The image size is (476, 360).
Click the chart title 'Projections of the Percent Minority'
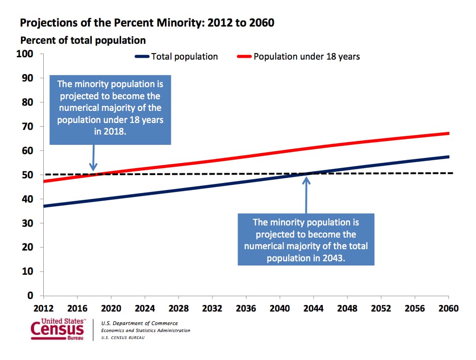tap(147, 22)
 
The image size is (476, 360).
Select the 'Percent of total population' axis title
tap(83, 41)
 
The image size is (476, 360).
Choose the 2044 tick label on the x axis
tap(313, 309)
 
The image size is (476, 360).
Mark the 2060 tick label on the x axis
tap(448, 309)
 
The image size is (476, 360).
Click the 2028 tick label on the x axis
tap(178, 309)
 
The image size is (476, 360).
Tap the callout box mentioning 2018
tap(110, 110)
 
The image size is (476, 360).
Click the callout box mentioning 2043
tap(306, 240)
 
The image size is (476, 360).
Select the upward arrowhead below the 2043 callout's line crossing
tap(306, 180)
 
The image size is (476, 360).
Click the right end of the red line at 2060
tap(448, 134)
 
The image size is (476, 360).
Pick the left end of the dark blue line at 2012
tap(44, 206)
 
